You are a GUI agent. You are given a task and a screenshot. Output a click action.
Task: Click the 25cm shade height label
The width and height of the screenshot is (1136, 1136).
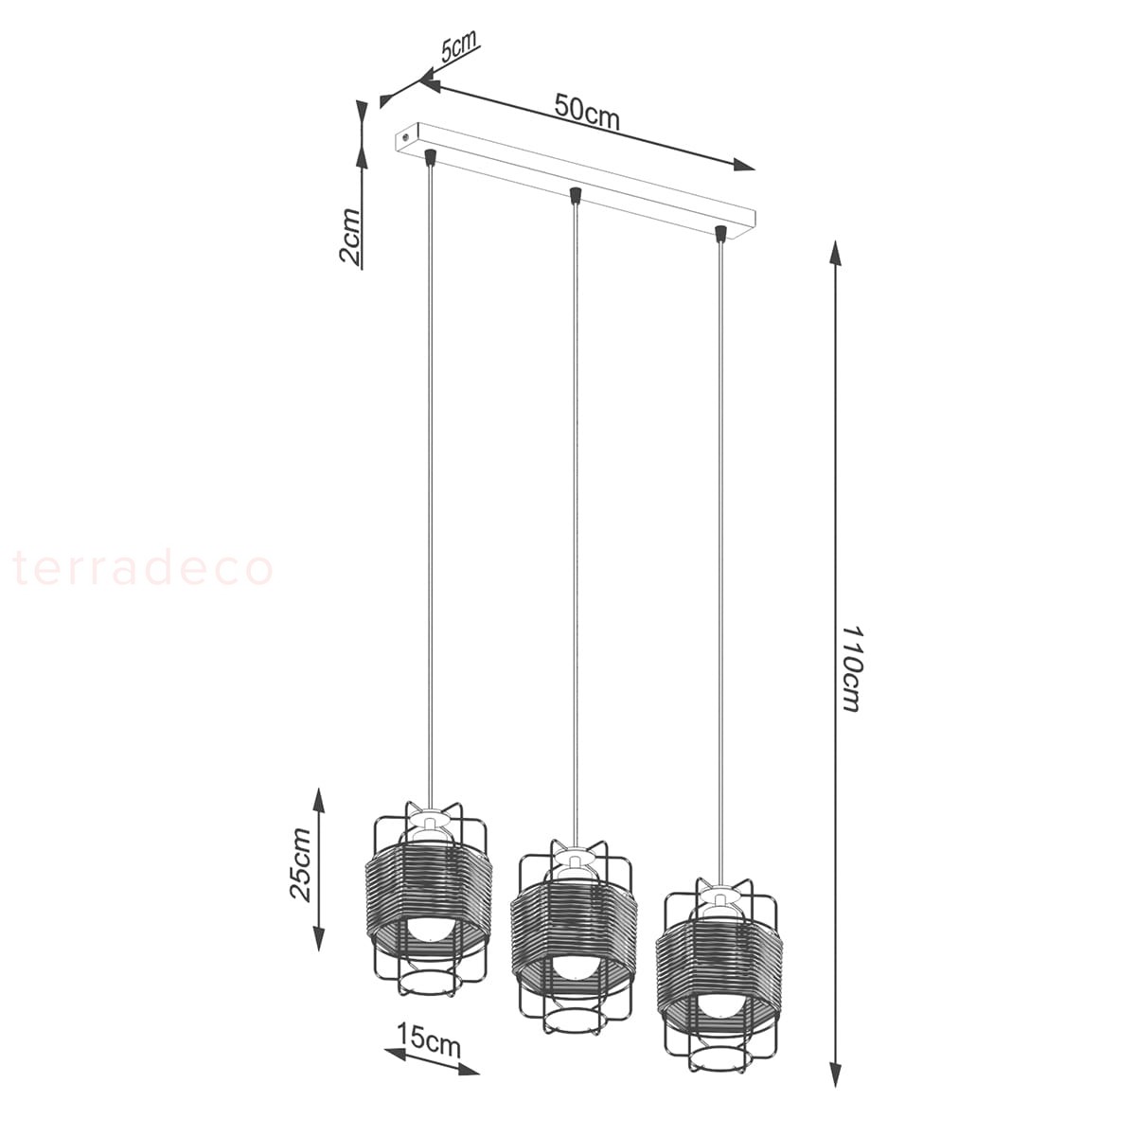point(299,865)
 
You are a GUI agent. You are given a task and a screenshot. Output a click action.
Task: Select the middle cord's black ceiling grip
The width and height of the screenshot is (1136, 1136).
point(575,195)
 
